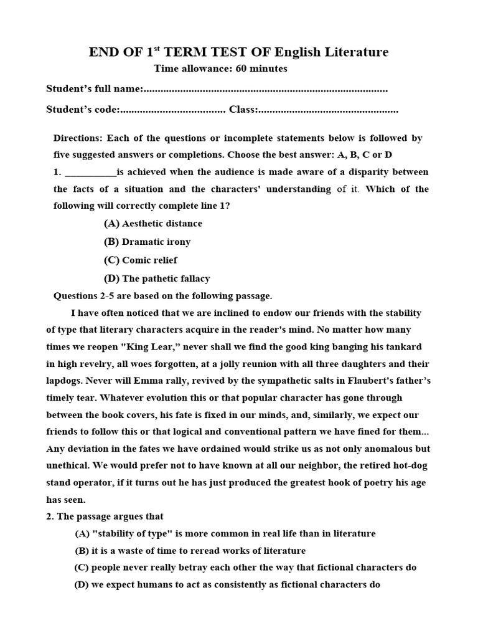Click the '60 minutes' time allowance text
point(257,69)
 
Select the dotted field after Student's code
point(172,110)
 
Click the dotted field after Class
point(329,110)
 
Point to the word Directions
point(77,138)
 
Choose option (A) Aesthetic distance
point(152,223)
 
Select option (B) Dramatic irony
point(147,242)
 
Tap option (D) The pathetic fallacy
point(156,279)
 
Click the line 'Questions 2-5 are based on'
point(162,296)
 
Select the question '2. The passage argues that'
point(105,517)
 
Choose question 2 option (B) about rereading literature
point(190,550)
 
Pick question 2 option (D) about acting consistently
point(227,584)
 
